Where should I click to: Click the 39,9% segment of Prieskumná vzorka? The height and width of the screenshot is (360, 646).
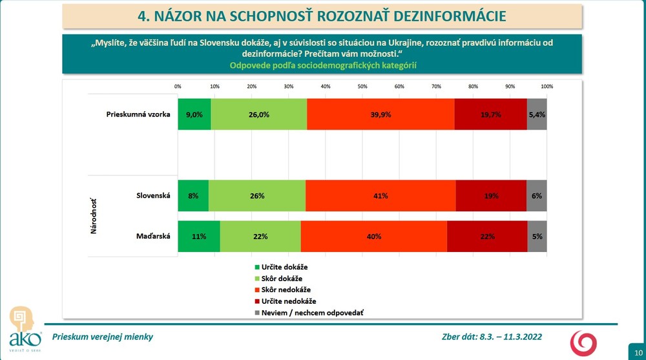380,114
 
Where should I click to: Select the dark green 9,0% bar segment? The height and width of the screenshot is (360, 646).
194,114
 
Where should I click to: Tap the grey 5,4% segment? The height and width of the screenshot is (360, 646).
537,114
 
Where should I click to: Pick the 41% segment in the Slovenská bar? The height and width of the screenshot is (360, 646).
380,196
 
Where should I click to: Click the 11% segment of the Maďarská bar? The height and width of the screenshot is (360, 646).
199,237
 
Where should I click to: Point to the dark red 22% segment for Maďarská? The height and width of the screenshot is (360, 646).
486,237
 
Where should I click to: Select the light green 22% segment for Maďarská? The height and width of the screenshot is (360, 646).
260,237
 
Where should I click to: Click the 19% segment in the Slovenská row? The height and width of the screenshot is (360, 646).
491,196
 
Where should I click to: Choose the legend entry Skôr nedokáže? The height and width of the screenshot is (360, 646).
285,290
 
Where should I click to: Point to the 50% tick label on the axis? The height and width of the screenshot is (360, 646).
362,86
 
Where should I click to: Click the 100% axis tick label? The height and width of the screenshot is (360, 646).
547,86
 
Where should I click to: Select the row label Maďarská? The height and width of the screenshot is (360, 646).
154,237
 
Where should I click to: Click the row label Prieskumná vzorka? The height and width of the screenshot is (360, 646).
138,114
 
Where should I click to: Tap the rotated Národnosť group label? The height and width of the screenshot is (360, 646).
94,216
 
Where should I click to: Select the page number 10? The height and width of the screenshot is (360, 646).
635,346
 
